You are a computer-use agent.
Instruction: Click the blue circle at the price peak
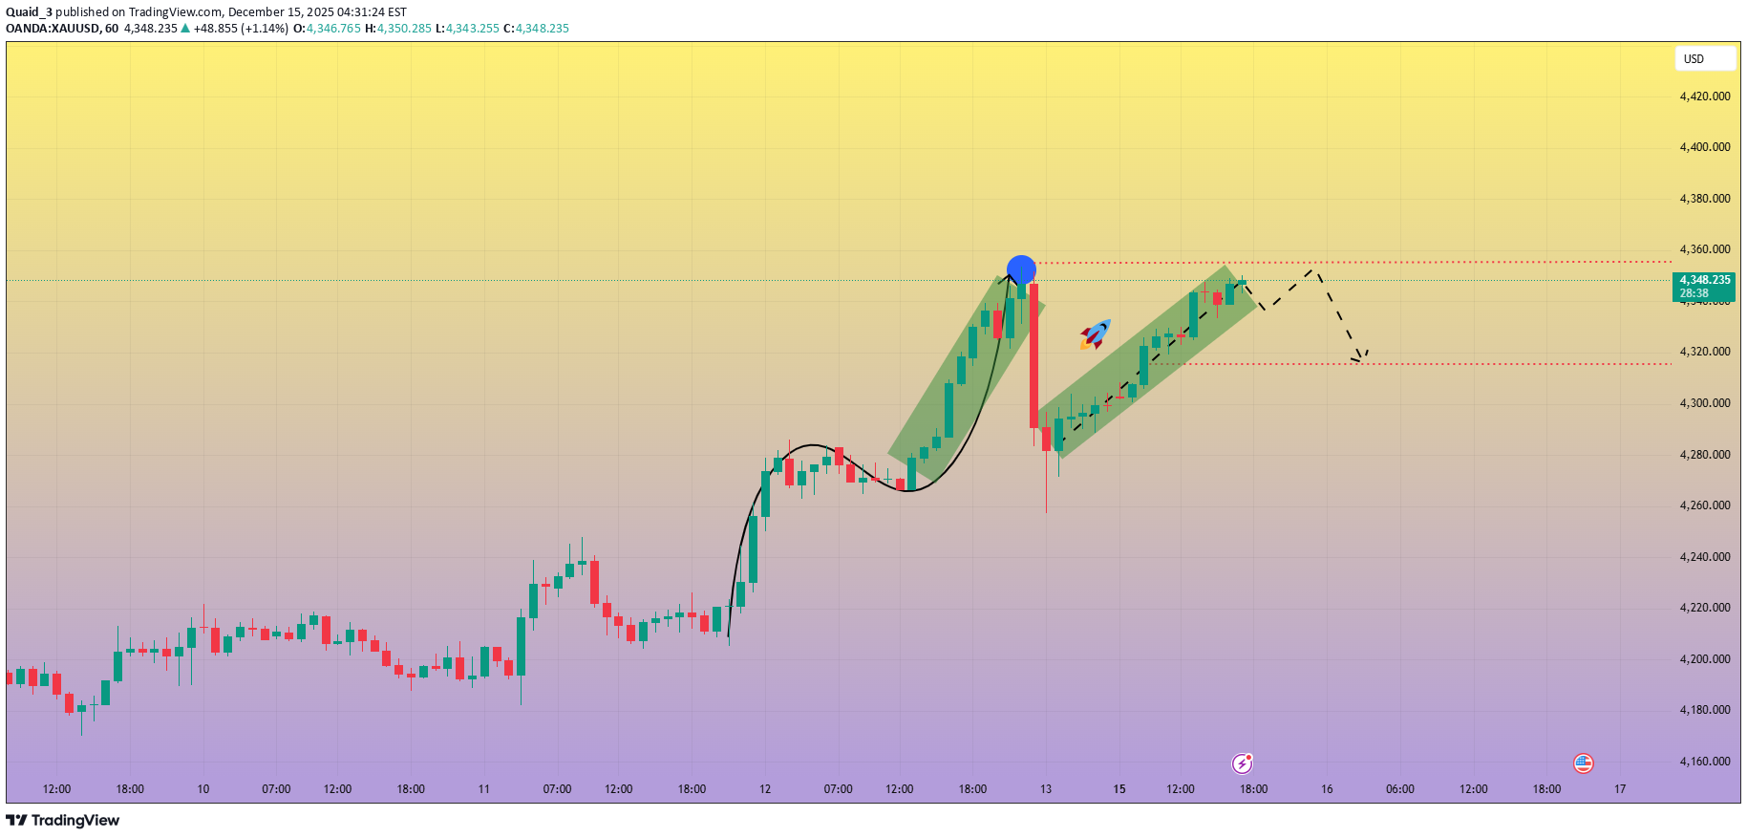pyautogui.click(x=1021, y=269)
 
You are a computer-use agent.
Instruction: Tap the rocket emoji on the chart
pyautogui.click(x=1096, y=334)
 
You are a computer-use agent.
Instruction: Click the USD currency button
pyautogui.click(x=1704, y=59)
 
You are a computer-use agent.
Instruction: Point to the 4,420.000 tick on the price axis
pyautogui.click(x=1705, y=97)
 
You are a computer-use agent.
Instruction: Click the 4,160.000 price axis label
pyautogui.click(x=1705, y=762)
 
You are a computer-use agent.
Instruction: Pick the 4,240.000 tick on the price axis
pyautogui.click(x=1705, y=557)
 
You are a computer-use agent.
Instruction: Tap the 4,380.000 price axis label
pyautogui.click(x=1705, y=199)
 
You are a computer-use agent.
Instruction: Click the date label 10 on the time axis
pyautogui.click(x=203, y=789)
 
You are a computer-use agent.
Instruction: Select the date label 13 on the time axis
pyautogui.click(x=1046, y=789)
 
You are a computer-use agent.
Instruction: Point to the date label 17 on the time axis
pyautogui.click(x=1620, y=789)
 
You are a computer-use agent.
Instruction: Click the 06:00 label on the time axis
pyautogui.click(x=1400, y=789)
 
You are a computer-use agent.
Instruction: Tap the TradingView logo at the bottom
pyautogui.click(x=63, y=821)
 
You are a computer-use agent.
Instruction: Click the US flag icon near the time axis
pyautogui.click(x=1583, y=763)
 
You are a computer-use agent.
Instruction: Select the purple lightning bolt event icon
pyautogui.click(x=1242, y=763)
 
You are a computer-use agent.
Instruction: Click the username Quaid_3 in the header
pyautogui.click(x=29, y=12)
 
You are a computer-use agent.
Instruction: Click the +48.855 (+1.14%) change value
pyautogui.click(x=241, y=29)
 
